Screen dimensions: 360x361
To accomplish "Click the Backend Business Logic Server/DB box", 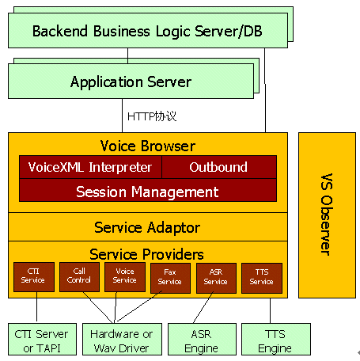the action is coord(148,31).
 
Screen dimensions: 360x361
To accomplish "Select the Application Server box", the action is coord(131,82).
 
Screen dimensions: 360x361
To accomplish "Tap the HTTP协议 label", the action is coord(152,116).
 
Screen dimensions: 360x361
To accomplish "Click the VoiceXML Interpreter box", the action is coord(90,167).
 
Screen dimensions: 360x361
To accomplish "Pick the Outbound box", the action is coord(219,167).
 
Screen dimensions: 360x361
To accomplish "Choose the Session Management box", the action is coord(148,190).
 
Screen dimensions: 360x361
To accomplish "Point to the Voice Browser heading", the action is coord(148,146).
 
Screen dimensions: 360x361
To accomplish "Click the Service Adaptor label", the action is coord(147,227).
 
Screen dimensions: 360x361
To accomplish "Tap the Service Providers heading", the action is coord(146,254).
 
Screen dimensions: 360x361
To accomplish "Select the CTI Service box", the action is coord(34,277).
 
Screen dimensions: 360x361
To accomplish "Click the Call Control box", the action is coord(79,277).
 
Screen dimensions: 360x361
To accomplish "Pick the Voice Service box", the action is coord(125,277).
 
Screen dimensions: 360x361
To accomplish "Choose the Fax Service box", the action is coord(170,278).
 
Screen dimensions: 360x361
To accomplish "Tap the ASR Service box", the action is coord(216,278).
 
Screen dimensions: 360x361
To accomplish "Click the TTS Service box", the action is coord(262,278).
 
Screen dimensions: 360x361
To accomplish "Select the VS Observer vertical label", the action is coord(327,215).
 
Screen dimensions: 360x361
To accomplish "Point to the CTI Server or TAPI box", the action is coord(42,339).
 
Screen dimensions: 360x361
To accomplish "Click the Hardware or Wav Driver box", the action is coord(122,339).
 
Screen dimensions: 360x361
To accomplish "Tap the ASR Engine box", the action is coord(202,339).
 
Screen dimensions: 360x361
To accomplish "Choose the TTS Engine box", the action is coord(276,339).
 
